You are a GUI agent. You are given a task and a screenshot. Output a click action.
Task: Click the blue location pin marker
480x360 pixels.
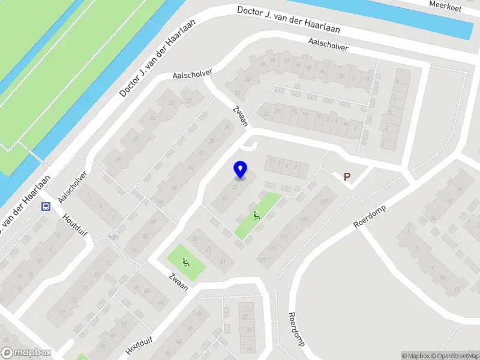(x=240, y=170)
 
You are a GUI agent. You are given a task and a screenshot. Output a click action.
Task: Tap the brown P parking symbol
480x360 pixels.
(x=346, y=176)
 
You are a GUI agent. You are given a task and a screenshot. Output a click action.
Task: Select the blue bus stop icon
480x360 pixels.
(x=46, y=207)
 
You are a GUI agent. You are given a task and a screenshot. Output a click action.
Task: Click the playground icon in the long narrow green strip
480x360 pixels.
(x=257, y=215)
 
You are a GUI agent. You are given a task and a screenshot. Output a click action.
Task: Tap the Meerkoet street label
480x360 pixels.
(x=445, y=4)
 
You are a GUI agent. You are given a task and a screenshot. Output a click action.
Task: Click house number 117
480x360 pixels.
(x=325, y=201)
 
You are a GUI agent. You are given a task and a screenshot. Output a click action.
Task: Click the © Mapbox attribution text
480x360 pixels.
(x=415, y=356)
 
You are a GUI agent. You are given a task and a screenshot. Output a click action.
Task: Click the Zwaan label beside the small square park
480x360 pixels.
(x=178, y=282)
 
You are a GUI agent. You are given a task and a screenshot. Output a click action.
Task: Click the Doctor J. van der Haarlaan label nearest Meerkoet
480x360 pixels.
(x=289, y=19)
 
